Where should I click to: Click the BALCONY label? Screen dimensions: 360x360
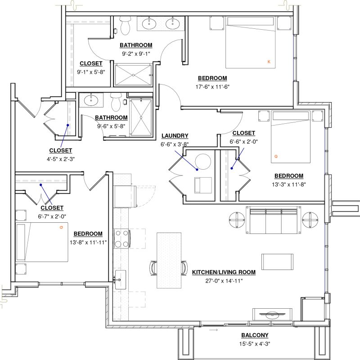coord(255,335)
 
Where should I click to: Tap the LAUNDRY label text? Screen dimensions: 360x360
coord(175,136)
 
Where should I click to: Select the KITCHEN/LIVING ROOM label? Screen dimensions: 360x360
coord(224,272)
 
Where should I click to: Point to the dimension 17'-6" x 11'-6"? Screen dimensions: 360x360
coord(212,87)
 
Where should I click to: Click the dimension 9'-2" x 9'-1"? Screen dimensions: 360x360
coord(136,54)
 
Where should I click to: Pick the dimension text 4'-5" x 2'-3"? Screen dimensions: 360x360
coord(61,159)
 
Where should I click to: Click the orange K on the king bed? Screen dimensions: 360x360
coord(269,62)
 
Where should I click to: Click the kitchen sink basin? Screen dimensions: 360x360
coord(121,279)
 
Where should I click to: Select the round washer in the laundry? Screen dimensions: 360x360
coord(203,162)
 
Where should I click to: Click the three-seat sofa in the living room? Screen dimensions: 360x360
coord(273,220)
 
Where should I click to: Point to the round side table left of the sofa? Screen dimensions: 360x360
coord(237,220)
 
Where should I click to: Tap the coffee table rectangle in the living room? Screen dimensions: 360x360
coord(277,262)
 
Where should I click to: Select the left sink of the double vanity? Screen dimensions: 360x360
coord(149,23)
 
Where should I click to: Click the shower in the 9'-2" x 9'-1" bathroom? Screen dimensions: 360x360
coord(133,75)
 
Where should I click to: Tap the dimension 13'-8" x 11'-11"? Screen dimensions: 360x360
coord(88,243)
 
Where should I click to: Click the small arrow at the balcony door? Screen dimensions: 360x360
coord(213,330)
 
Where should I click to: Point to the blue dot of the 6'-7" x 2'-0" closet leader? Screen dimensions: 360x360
coord(41,185)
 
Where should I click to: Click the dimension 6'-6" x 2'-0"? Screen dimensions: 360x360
coord(243,142)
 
